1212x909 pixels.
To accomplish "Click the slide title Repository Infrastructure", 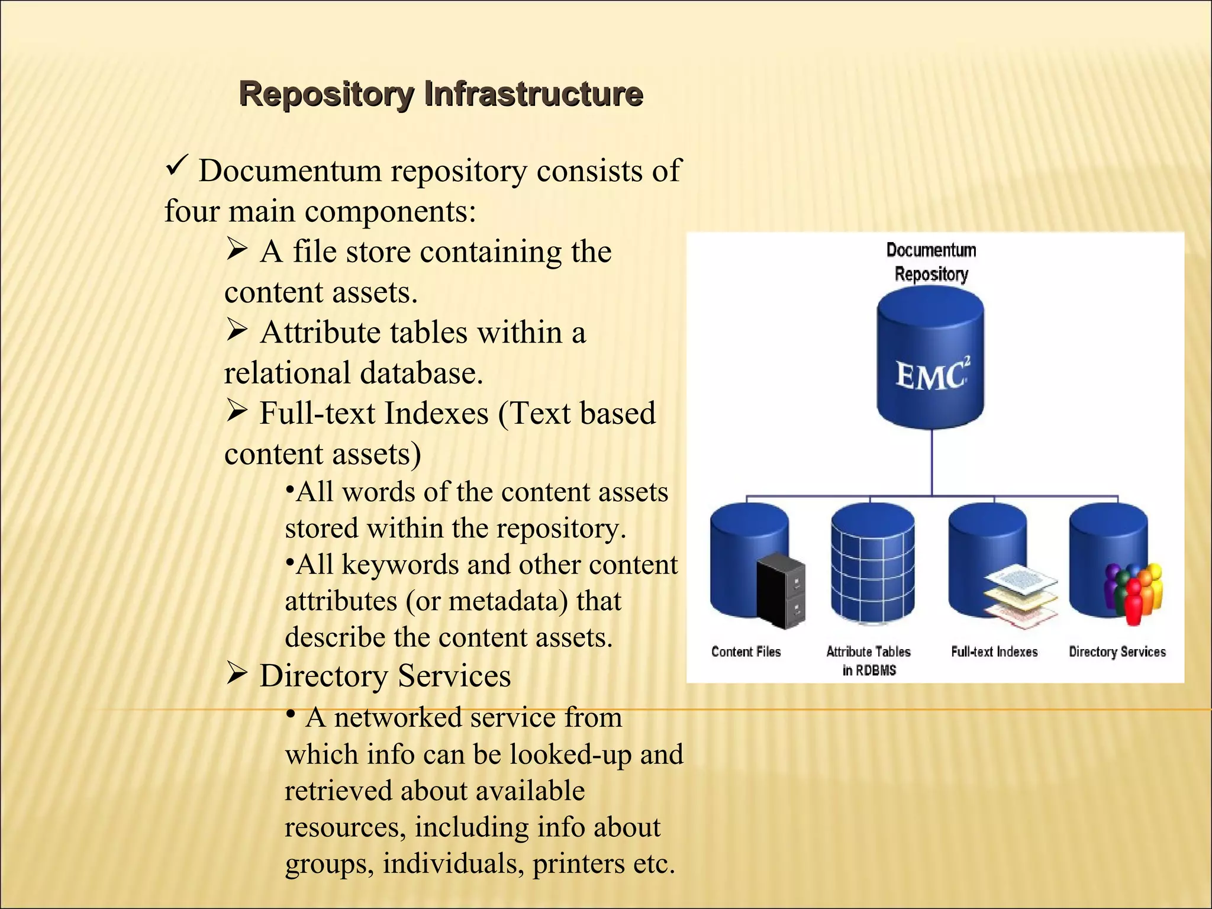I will [x=441, y=94].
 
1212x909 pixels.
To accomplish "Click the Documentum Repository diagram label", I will [x=931, y=262].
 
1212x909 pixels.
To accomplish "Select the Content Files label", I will [x=746, y=652].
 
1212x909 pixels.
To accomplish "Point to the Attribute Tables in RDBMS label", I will [x=868, y=660].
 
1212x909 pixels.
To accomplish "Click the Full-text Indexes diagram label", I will [x=994, y=652].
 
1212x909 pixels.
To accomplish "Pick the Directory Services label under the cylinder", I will [x=1117, y=652].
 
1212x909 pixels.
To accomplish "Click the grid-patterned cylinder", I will [x=872, y=562].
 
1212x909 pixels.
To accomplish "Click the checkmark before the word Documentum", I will [x=177, y=165].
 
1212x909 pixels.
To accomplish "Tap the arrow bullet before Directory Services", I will [x=237, y=673].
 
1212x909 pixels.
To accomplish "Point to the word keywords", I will [x=399, y=565].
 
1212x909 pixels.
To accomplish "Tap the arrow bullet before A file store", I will [x=237, y=249].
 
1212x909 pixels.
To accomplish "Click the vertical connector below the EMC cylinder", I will [x=932, y=462].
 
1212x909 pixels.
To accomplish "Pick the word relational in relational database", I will [x=287, y=373].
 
